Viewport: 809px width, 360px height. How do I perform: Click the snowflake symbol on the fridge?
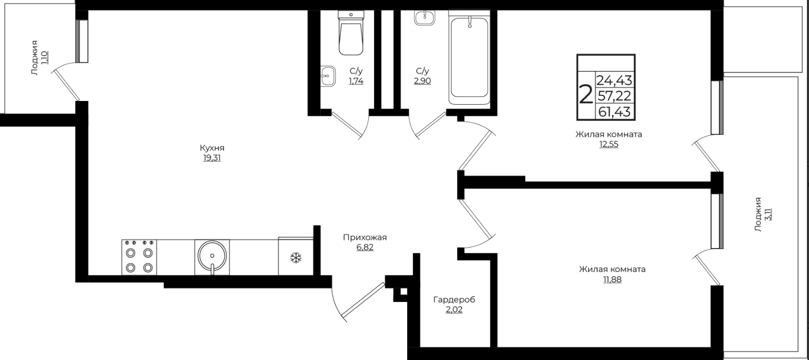(296, 258)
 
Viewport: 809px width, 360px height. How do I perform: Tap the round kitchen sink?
(212, 256)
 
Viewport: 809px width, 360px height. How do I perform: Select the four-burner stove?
(139, 257)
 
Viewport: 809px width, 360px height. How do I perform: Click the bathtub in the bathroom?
(469, 57)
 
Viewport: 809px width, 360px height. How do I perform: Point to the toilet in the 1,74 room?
(351, 33)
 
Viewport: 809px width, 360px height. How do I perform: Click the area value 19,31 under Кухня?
(212, 158)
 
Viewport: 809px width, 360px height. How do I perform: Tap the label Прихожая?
(365, 237)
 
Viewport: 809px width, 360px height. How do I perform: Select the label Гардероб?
(454, 299)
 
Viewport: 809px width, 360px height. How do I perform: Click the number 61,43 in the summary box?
(614, 111)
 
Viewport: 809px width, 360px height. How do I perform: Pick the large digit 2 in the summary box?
(586, 94)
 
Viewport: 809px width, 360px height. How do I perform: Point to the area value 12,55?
(609, 145)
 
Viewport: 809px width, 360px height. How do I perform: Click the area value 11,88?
(612, 280)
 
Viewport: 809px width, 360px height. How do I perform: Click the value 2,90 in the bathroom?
(423, 81)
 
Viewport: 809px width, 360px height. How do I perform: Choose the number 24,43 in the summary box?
(614, 80)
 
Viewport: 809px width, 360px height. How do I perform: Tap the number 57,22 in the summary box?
(614, 96)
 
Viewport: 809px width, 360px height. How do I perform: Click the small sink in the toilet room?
(327, 76)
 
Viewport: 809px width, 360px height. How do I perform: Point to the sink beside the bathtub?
(425, 17)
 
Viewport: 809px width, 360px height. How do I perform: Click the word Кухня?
(212, 148)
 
